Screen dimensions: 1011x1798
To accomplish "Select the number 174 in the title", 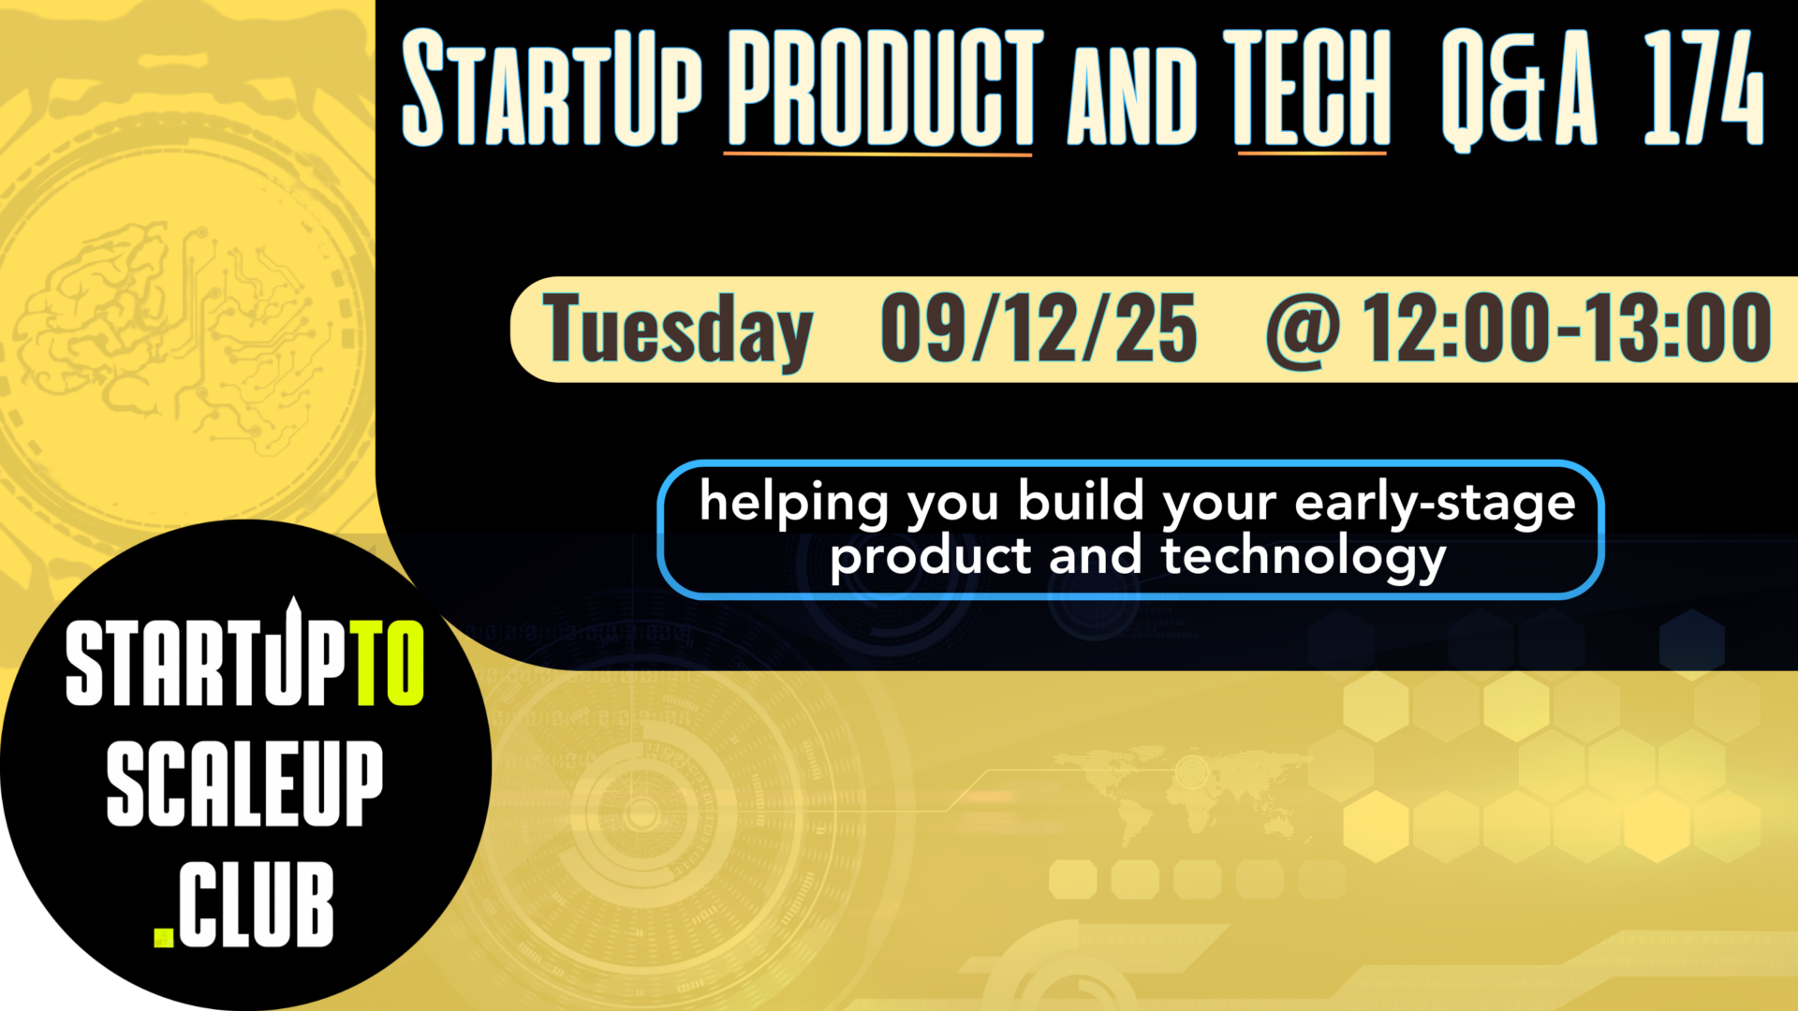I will click(1702, 89).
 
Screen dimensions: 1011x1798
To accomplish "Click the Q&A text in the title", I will click(1518, 89).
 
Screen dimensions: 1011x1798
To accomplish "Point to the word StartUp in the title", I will click(552, 89).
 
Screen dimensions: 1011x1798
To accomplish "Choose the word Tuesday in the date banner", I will click(676, 330).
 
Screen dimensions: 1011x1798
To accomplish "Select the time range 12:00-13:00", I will click(1566, 328).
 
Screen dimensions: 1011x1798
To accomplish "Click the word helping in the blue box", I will click(793, 503).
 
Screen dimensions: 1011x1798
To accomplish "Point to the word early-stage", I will click(1434, 503).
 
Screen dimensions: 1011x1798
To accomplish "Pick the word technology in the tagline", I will click(1304, 557).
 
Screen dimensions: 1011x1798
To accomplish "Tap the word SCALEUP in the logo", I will click(244, 784).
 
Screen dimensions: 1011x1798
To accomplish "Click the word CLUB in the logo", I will click(256, 905).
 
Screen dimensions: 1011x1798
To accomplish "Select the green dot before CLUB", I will click(164, 937).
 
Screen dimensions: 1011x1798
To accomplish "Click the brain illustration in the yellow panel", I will click(103, 309).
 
